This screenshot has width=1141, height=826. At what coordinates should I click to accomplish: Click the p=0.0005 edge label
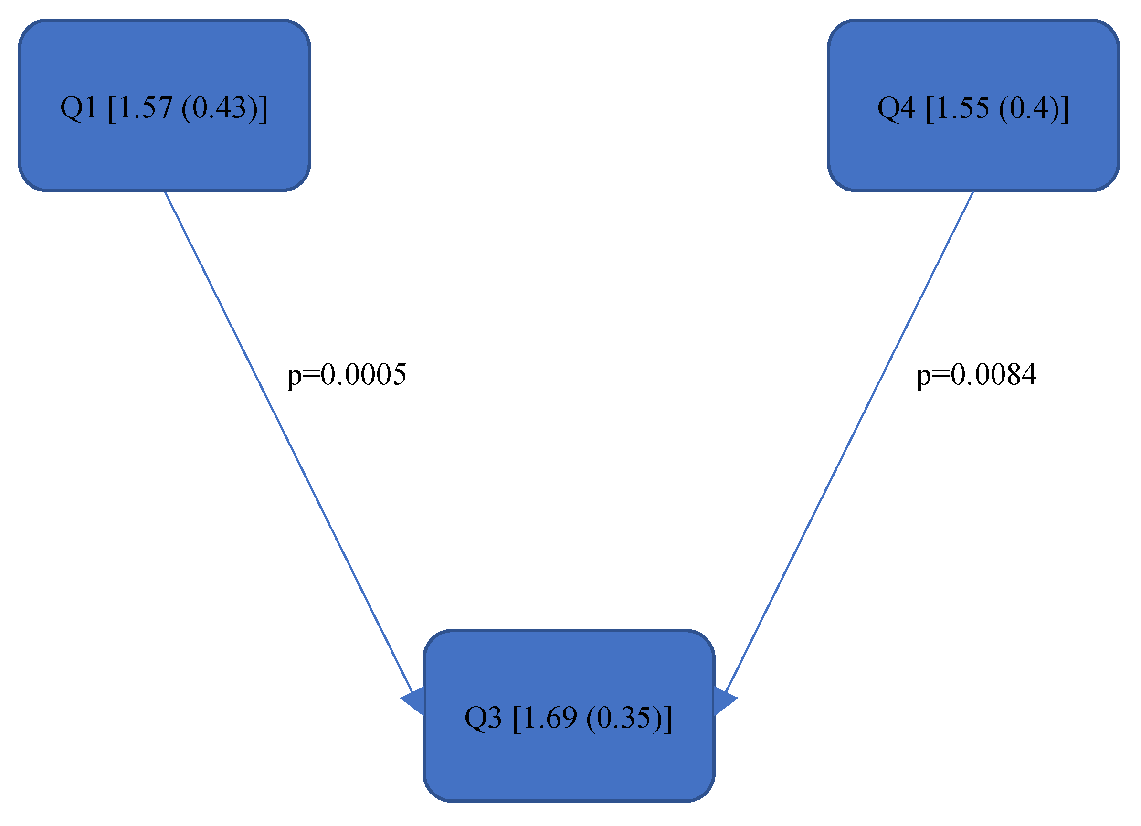[346, 375]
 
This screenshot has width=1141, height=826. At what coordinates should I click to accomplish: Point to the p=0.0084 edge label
[976, 375]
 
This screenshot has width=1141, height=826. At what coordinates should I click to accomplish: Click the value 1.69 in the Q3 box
[549, 718]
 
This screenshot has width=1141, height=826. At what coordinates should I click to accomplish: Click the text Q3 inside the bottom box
[483, 718]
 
